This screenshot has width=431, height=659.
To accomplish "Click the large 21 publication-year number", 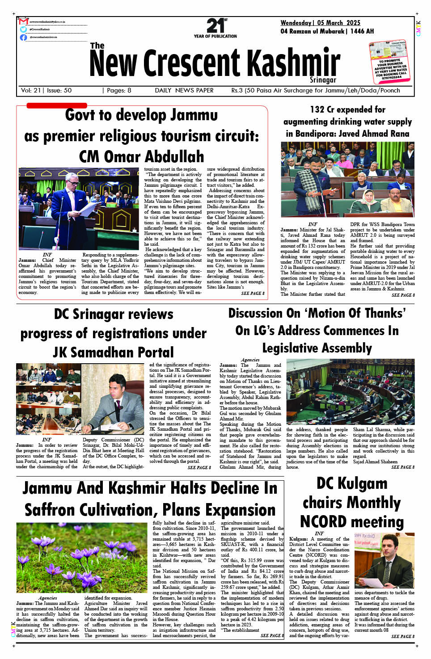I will [x=215, y=25].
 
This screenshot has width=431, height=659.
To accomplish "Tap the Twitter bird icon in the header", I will [x=23, y=29].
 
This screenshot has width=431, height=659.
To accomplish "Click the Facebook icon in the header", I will [x=23, y=37].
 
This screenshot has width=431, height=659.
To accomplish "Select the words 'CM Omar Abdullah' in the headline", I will [x=141, y=157].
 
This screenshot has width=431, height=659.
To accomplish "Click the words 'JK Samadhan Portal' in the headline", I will [x=113, y=353].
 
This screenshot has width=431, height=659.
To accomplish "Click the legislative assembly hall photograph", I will [x=350, y=391].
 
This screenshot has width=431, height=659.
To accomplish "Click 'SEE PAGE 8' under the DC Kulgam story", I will [x=402, y=636].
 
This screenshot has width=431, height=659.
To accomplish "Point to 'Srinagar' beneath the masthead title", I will [x=322, y=80].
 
